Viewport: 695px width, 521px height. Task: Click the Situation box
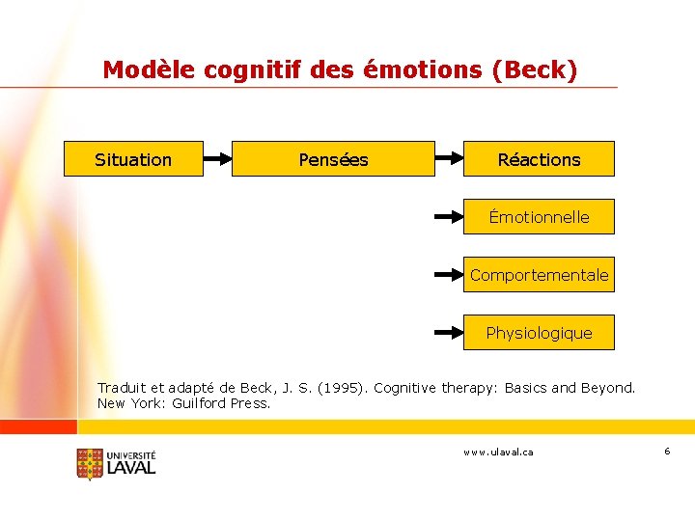click(x=133, y=159)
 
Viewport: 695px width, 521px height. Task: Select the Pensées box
click(x=333, y=159)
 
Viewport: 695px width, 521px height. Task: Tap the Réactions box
click(x=539, y=159)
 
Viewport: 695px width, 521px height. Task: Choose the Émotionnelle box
click(x=539, y=217)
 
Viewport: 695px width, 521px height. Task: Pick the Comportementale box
click(x=539, y=275)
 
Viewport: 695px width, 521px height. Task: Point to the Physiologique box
click(x=539, y=333)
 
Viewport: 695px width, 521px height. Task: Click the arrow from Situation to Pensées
click(x=217, y=159)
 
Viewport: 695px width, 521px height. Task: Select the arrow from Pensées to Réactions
click(x=449, y=159)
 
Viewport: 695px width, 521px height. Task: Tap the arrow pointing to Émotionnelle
click(x=449, y=217)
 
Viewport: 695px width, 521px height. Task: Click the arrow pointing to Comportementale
click(x=449, y=275)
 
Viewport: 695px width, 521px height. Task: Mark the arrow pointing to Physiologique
click(x=449, y=333)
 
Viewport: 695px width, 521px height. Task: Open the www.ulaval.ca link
click(x=498, y=452)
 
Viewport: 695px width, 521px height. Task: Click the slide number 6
click(x=666, y=452)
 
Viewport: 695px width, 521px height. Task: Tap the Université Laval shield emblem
click(x=89, y=464)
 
